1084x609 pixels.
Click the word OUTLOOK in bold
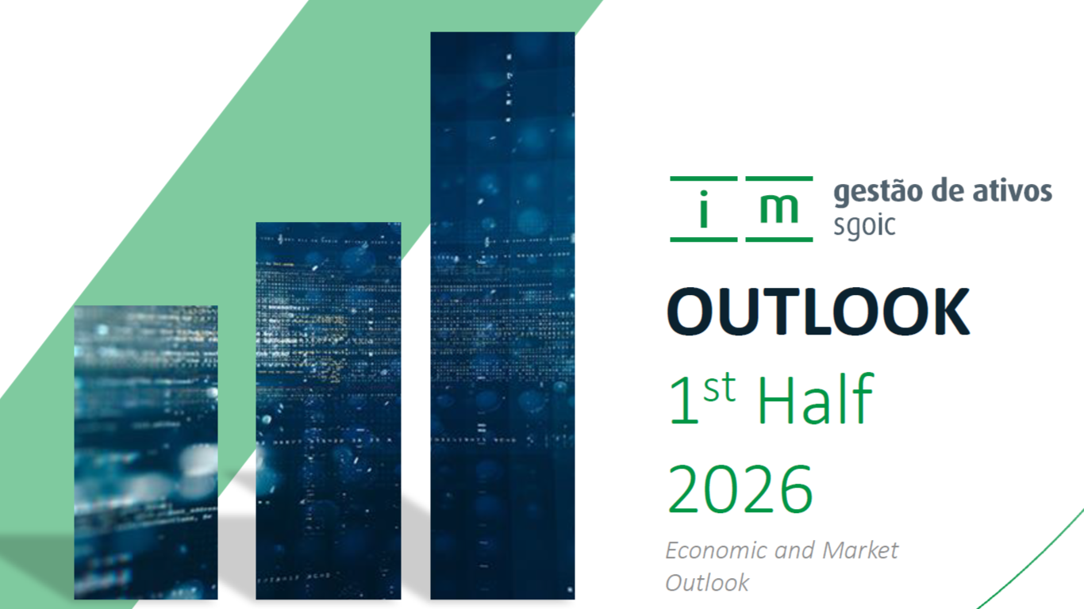[x=818, y=311]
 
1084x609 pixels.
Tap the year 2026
[x=740, y=489]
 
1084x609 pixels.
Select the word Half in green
[x=815, y=400]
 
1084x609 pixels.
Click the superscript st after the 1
[x=720, y=388]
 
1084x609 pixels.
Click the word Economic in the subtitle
[x=717, y=550]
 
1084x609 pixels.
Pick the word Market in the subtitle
[x=860, y=550]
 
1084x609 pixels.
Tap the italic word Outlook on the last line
[x=707, y=583]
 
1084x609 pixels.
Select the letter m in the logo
[x=778, y=209]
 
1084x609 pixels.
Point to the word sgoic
[x=864, y=226]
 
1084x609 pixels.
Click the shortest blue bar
[x=146, y=452]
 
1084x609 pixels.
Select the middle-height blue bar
[x=328, y=411]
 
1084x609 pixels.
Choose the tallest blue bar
[x=502, y=316]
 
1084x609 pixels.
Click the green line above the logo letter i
[x=704, y=178]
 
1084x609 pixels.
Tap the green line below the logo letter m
[x=778, y=239]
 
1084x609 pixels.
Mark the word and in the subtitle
[x=795, y=550]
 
